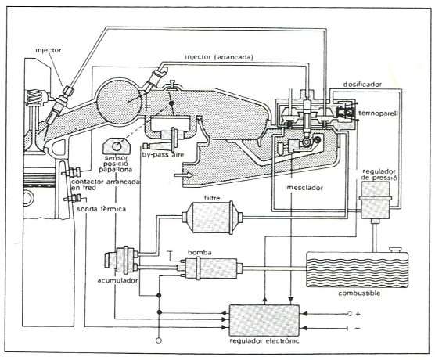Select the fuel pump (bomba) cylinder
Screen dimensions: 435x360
pyautogui.click(x=211, y=268)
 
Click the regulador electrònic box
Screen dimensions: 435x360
pyautogui.click(x=264, y=320)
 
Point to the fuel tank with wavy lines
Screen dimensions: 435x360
pyautogui.click(x=358, y=269)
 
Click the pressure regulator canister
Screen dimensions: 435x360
pyautogui.click(x=375, y=200)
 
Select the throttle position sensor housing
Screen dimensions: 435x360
pyautogui.click(x=117, y=146)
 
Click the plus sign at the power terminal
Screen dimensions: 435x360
pyautogui.click(x=358, y=314)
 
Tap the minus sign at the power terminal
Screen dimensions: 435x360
pyautogui.click(x=358, y=329)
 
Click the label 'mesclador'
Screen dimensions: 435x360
pyautogui.click(x=304, y=188)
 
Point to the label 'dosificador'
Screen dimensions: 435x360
pyautogui.click(x=362, y=85)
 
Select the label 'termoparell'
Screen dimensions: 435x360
pyautogui.click(x=378, y=113)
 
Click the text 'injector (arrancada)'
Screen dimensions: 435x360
pyautogui.click(x=219, y=57)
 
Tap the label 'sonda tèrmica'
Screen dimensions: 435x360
pyautogui.click(x=101, y=209)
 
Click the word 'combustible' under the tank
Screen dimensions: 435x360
pyautogui.click(x=359, y=293)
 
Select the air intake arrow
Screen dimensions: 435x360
pyautogui.click(x=183, y=175)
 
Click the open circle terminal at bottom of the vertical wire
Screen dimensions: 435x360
pyautogui.click(x=159, y=340)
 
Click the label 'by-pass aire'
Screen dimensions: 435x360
pyautogui.click(x=163, y=154)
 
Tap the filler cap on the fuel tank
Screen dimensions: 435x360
pyautogui.click(x=395, y=250)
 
